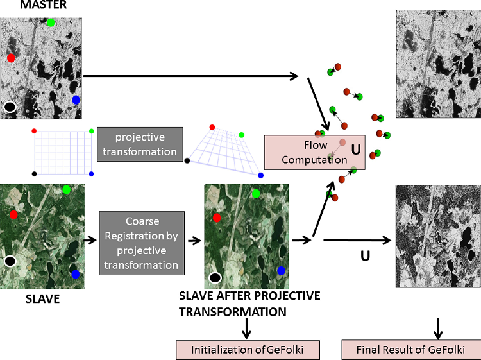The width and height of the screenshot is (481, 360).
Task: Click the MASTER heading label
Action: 25,5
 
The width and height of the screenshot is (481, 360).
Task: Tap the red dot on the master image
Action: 11,58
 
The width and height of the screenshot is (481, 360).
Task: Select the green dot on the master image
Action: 51,22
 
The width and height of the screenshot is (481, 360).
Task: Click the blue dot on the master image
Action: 76,99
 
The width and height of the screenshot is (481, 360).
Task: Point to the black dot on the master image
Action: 10,107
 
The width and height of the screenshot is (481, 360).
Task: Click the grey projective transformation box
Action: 140,144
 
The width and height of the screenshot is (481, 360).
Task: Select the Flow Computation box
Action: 314,153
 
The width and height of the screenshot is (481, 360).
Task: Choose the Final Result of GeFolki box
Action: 410,350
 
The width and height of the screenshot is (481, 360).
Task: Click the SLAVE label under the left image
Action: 42,298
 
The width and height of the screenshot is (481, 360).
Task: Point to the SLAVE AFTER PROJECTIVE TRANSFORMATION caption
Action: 249,304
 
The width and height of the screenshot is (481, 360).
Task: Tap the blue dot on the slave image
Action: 76,274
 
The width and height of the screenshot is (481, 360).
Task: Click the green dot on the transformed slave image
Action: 256,193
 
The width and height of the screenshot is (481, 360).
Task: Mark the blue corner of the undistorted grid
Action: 91,174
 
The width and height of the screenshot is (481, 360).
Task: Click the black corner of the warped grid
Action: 187,160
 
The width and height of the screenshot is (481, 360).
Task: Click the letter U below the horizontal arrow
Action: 365,256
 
